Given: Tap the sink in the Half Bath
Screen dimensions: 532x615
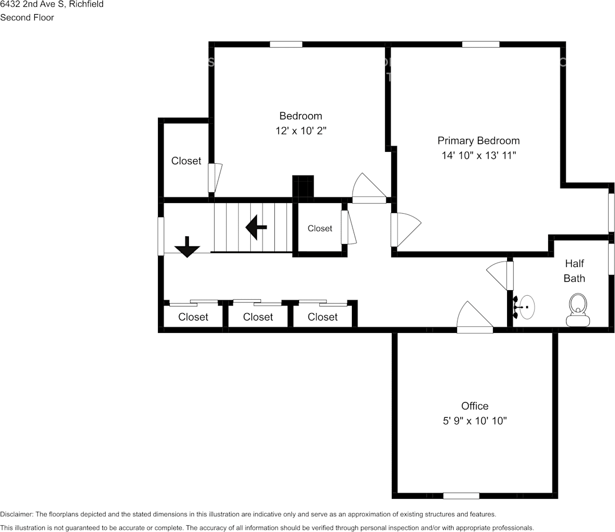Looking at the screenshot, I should point(526,308).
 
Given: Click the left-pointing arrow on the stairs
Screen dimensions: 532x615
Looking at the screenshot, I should point(256,227).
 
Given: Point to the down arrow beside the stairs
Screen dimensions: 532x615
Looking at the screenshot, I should point(187,247).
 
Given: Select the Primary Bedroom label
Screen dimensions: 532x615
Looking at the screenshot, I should point(478,141).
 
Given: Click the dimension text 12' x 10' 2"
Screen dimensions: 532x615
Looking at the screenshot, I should point(301,130).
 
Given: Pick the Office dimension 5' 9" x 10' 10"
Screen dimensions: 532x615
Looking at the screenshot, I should point(474,421).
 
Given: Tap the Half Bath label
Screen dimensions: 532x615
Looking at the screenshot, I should point(575,270).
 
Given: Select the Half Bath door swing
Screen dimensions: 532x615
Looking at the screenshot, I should point(499,275).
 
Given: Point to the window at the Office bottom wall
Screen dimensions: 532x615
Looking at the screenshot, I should point(461,495).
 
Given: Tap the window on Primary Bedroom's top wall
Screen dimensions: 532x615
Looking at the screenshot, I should point(481,44).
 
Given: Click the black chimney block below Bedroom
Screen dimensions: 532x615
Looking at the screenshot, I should point(303,187).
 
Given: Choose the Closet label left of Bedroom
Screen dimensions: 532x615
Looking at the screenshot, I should point(186,161).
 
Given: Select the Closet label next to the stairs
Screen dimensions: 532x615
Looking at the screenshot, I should point(320,228).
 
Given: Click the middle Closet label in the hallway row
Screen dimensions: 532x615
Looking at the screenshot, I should point(258,317).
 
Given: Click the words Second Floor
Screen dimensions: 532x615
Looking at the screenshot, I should point(27,17).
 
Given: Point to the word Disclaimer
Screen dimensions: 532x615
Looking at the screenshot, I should point(16,514).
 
